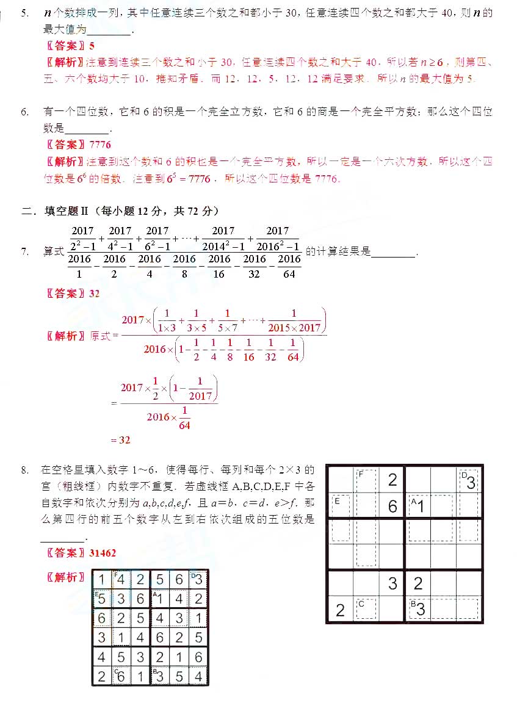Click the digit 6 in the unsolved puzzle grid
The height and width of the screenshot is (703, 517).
[x=392, y=506]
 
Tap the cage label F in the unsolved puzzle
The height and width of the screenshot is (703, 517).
[x=361, y=474]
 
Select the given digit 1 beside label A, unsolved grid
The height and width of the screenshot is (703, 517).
[x=420, y=506]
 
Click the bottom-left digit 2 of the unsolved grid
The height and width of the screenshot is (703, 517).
[x=341, y=610]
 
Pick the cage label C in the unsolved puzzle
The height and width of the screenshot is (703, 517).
[x=361, y=604]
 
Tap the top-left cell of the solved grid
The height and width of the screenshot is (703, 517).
[x=102, y=580]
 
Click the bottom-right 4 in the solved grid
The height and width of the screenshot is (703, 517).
[x=198, y=676]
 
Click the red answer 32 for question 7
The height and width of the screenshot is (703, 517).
[x=94, y=293]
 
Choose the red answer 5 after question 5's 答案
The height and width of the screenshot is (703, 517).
[x=92, y=45]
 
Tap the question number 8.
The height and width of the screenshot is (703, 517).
[x=24, y=470]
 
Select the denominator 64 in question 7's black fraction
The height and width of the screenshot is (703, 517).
[x=289, y=274]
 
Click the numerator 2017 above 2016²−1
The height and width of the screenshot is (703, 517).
[x=278, y=231]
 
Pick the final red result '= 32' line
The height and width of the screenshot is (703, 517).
[x=120, y=439]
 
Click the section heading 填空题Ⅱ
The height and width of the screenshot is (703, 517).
[x=67, y=211]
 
